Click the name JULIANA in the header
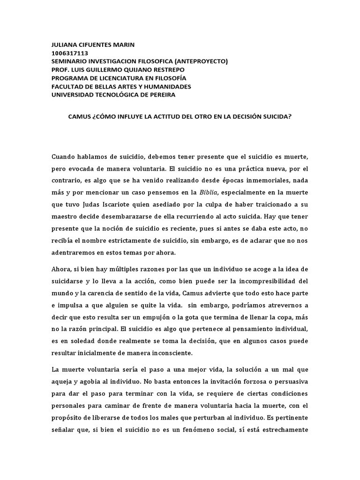click(x=64, y=45)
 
